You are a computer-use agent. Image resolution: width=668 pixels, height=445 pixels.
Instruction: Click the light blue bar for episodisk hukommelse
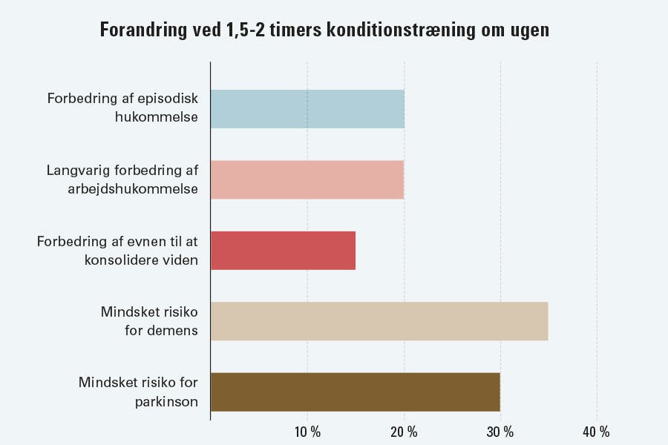click(307, 109)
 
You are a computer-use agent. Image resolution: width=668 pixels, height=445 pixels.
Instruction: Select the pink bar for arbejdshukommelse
click(307, 179)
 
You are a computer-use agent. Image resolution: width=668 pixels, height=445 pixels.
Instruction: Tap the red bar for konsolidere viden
click(283, 250)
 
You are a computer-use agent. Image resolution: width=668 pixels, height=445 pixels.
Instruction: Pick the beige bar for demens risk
click(379, 321)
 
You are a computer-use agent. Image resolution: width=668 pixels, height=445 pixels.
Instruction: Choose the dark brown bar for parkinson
click(355, 392)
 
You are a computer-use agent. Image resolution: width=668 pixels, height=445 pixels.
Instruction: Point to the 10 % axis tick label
click(307, 432)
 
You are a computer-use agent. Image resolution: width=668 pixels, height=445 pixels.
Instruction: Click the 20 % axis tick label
click(404, 432)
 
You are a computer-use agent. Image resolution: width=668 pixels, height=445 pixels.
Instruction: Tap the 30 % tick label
click(500, 432)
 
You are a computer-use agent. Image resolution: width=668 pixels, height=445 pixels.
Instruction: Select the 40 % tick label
click(597, 432)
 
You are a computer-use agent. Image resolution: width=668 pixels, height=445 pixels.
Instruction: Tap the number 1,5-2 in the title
click(249, 32)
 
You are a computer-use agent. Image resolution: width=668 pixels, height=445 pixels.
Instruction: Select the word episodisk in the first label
click(168, 99)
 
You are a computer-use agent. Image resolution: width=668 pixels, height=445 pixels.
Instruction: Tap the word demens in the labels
click(172, 330)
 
